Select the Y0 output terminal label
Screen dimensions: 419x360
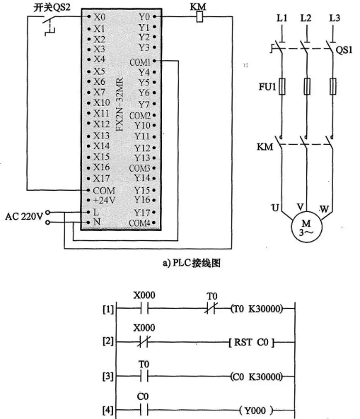144,14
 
